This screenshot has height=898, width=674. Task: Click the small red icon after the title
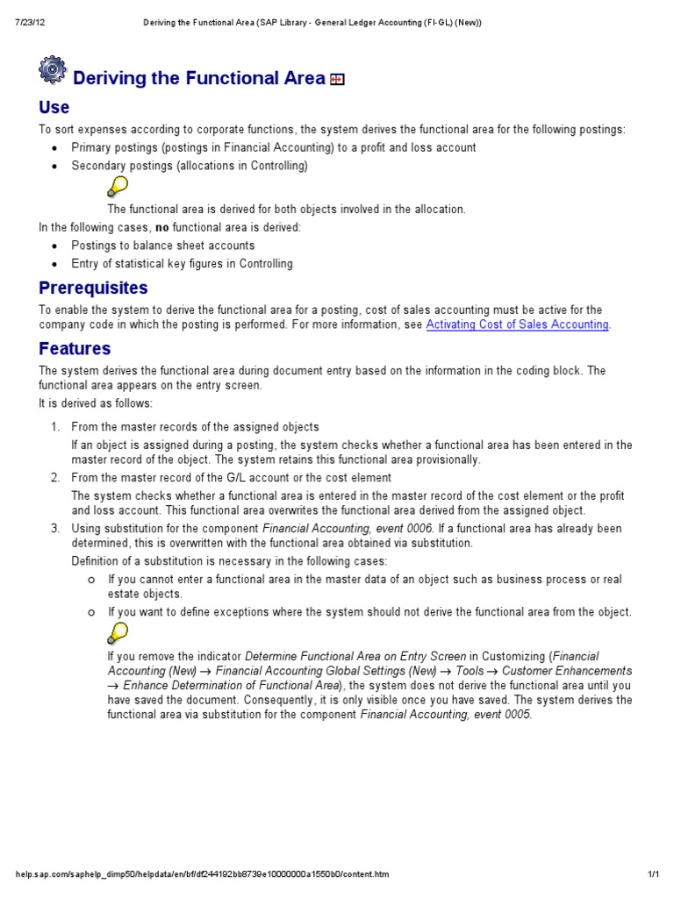point(337,80)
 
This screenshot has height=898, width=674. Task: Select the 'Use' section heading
point(54,108)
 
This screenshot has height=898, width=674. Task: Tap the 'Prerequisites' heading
point(93,288)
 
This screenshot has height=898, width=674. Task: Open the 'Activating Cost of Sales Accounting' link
point(517,324)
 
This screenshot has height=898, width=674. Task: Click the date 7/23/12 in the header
point(31,22)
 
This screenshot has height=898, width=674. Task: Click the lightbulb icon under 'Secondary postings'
point(117,186)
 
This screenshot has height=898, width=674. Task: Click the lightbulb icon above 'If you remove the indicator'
point(117,632)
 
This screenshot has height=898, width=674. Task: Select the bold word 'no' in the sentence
point(161,227)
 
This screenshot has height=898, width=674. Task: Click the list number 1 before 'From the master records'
point(54,427)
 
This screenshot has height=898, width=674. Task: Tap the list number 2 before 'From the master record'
point(54,478)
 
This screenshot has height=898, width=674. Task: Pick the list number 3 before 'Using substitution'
point(54,528)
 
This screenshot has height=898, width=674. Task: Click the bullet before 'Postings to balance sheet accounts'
point(55,246)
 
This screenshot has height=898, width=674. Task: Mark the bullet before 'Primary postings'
point(55,148)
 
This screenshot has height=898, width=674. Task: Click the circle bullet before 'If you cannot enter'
point(90,580)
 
